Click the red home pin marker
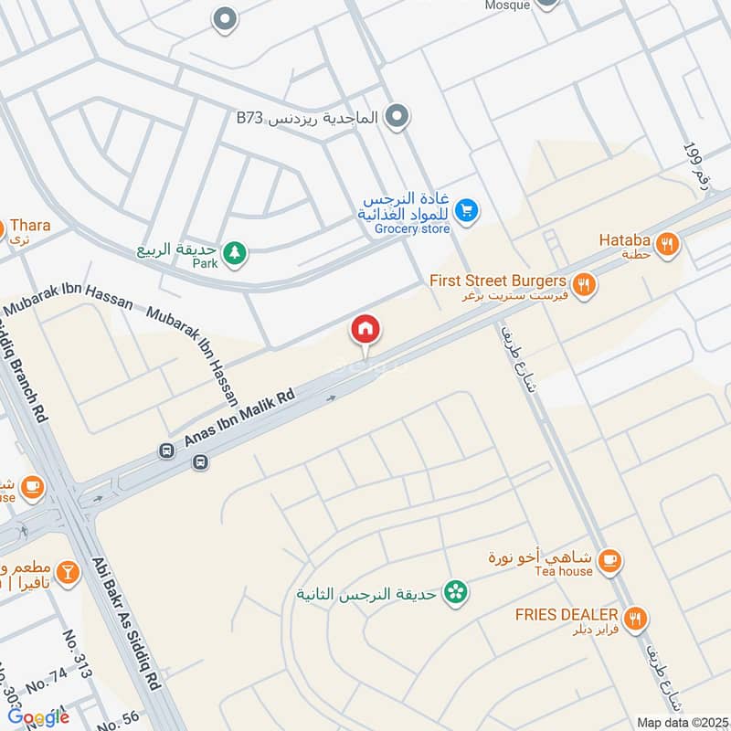click(x=365, y=329)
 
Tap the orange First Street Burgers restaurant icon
click(x=585, y=284)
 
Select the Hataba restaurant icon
click(x=668, y=243)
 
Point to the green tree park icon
click(x=235, y=251)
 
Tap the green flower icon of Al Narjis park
click(x=453, y=594)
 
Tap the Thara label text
click(x=30, y=225)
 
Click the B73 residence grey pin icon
click(x=397, y=116)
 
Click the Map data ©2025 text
click(x=682, y=723)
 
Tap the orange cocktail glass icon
click(x=66, y=573)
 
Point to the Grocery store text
click(x=412, y=228)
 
